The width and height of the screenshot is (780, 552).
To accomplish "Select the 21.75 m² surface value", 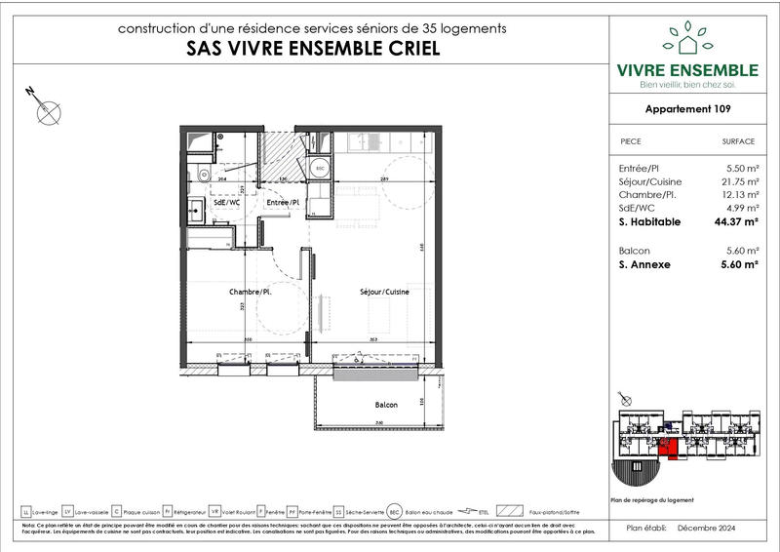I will click(x=738, y=182).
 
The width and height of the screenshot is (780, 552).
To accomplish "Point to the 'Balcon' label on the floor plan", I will click(x=386, y=404).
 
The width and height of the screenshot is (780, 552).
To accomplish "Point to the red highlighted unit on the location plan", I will click(x=667, y=447).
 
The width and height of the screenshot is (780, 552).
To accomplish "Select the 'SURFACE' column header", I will click(x=738, y=141).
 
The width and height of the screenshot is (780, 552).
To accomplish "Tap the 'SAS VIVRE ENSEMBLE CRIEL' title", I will click(x=312, y=50).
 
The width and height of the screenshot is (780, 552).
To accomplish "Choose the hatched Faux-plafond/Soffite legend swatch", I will click(x=510, y=511).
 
